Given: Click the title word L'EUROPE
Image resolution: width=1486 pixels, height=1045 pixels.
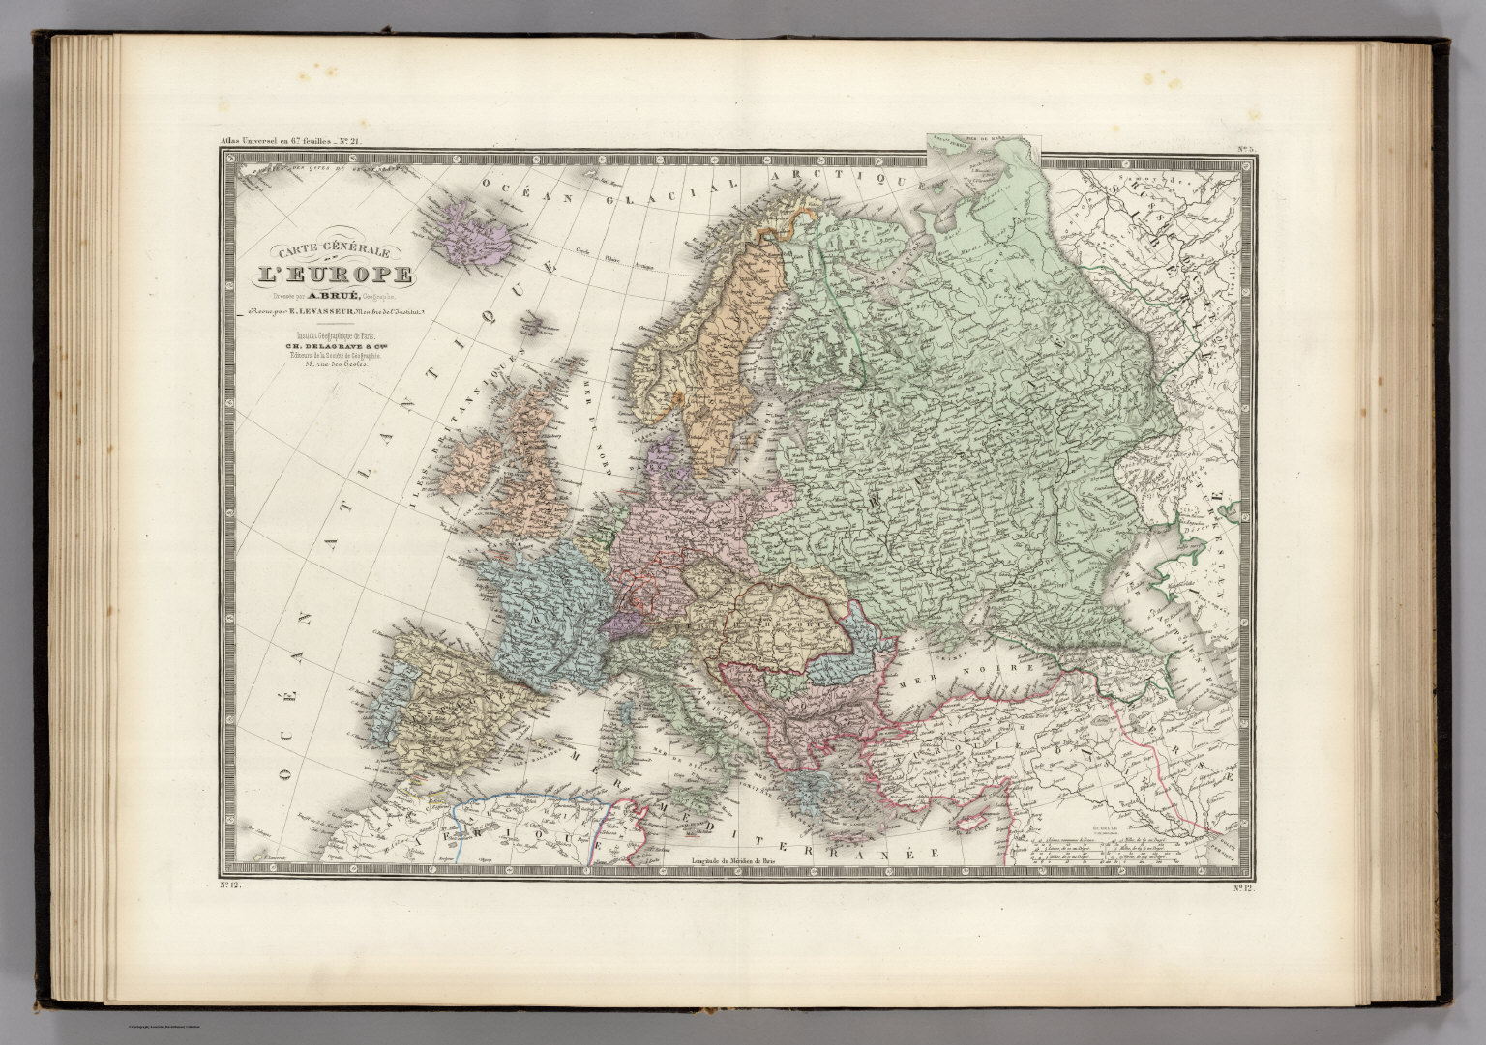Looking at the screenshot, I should [333, 276].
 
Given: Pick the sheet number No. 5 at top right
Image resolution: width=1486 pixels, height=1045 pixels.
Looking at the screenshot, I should [1245, 149].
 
